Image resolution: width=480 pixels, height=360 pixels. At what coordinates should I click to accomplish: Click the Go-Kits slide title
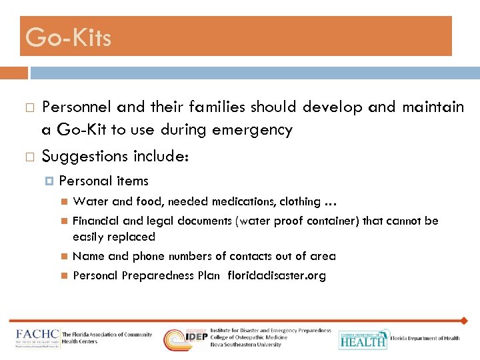tap(68, 38)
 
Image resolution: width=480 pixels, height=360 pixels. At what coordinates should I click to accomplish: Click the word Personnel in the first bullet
tap(76, 107)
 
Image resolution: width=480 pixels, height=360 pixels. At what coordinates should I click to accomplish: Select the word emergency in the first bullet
tap(252, 130)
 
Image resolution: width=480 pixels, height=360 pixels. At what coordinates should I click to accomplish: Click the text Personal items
tap(103, 181)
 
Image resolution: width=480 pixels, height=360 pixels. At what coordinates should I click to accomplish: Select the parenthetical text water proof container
tap(297, 221)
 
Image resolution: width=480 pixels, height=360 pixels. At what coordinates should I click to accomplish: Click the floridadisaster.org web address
tap(277, 275)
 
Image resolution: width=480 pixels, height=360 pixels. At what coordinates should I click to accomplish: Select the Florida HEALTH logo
tap(363, 339)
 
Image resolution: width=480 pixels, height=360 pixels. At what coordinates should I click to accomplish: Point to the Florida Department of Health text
tap(425, 339)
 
